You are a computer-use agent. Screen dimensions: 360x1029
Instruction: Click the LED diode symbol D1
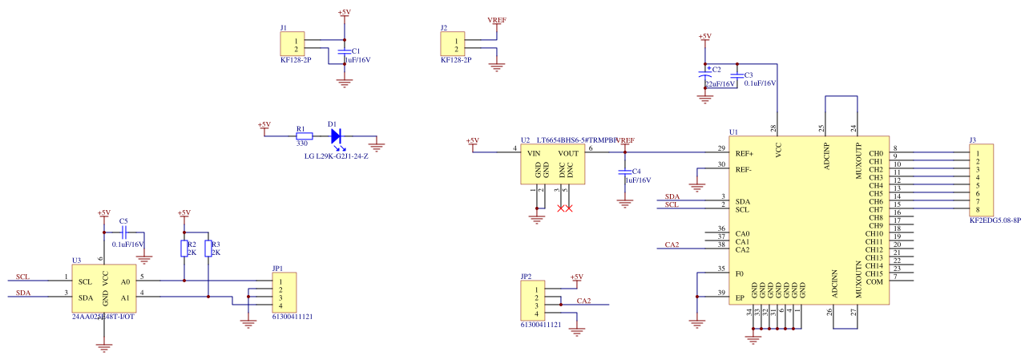click(335, 136)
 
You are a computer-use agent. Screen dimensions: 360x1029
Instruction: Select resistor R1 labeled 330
click(302, 136)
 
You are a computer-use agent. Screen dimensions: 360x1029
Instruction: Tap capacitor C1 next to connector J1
click(345, 51)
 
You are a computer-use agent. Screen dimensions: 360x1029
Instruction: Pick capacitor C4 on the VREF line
click(625, 172)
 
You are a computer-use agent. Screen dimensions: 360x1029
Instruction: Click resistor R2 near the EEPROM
click(184, 249)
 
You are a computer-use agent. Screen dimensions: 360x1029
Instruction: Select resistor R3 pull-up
click(208, 249)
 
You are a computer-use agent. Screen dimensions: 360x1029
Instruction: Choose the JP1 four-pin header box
click(284, 293)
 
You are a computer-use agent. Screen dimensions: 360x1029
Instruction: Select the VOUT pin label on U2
click(568, 153)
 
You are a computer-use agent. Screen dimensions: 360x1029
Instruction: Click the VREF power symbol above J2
click(497, 21)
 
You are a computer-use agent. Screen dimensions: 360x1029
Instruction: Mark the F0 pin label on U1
click(740, 273)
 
